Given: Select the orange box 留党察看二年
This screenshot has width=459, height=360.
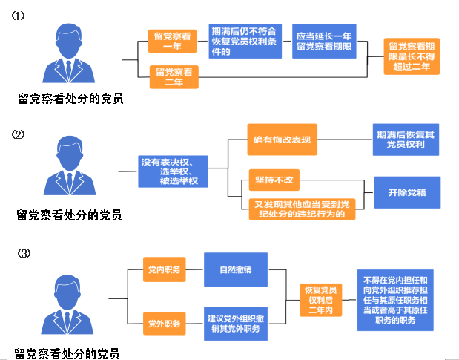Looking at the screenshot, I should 174,76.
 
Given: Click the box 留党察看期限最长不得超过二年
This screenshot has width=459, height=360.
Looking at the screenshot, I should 415,56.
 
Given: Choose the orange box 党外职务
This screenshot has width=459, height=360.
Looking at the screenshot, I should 164,324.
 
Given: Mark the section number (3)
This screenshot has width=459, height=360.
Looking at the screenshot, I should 24,253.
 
